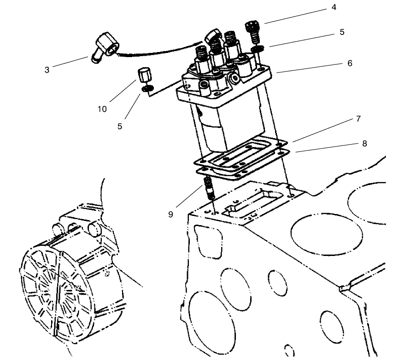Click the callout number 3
pyautogui.click(x=47, y=70)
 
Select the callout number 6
pyautogui.click(x=350, y=63)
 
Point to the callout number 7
pyautogui.click(x=358, y=119)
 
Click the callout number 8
pyautogui.click(x=364, y=143)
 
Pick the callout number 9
pyautogui.click(x=170, y=214)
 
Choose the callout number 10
pyautogui.click(x=102, y=109)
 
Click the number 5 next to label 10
pyautogui.click(x=120, y=126)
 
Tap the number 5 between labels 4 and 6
pyautogui.click(x=341, y=32)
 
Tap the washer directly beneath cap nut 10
pyautogui.click(x=147, y=88)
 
